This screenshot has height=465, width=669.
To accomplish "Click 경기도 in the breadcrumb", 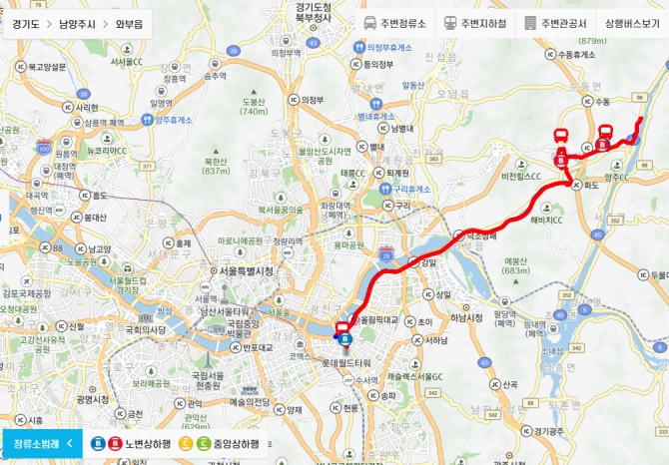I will pos(28,23).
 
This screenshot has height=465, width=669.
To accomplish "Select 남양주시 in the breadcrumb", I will pos(79,23).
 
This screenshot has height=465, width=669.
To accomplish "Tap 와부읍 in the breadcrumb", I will pos(130,23).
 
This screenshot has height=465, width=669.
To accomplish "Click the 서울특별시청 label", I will pos(245,270).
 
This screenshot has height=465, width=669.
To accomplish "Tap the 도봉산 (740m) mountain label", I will pos(254,106).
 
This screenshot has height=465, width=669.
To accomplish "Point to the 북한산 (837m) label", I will pos(216,166).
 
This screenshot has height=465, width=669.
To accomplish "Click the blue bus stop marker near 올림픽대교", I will pos(345,339).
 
